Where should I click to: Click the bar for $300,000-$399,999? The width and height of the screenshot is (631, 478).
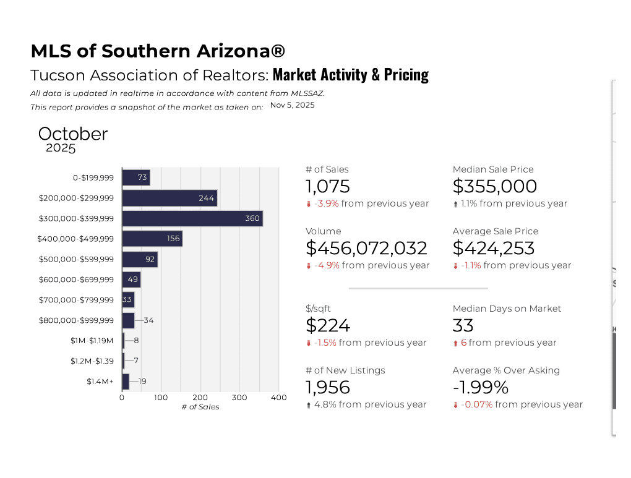click(x=192, y=218)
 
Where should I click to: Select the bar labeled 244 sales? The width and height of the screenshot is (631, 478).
click(x=170, y=198)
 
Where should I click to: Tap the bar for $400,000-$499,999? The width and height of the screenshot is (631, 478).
click(x=152, y=239)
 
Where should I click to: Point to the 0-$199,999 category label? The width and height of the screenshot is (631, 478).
click(x=93, y=178)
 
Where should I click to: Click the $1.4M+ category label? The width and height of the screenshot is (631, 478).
click(x=100, y=382)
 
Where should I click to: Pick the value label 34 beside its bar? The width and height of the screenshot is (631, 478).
click(x=148, y=320)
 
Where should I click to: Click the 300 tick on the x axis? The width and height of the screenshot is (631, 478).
click(x=239, y=398)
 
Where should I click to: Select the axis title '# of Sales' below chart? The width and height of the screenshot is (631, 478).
click(x=200, y=407)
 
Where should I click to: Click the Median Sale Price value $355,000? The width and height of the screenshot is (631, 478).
click(x=494, y=186)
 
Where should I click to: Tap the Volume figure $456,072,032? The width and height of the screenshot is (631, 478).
click(x=366, y=248)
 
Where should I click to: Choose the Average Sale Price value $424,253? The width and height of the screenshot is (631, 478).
click(x=494, y=248)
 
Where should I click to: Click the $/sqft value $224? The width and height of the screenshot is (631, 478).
click(x=328, y=325)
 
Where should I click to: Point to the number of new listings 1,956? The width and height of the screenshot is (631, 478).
click(x=328, y=387)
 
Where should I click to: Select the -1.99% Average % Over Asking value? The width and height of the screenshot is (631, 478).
click(x=480, y=387)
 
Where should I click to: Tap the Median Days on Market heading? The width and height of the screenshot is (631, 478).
click(x=507, y=309)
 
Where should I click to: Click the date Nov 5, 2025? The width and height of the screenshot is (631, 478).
click(x=292, y=105)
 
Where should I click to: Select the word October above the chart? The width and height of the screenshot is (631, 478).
click(x=73, y=134)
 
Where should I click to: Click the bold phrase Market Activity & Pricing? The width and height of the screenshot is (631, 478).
click(x=350, y=75)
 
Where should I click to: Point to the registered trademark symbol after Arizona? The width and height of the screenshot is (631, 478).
click(x=278, y=51)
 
